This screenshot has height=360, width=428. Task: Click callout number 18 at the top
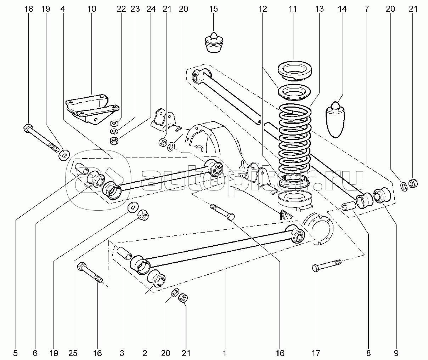click(x=29, y=9)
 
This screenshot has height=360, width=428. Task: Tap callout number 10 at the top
click(x=91, y=9)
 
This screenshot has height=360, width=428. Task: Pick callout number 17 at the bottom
click(x=316, y=353)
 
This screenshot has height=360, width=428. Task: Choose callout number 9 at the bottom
click(x=395, y=353)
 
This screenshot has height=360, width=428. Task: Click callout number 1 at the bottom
click(x=224, y=353)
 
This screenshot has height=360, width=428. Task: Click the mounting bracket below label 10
click(x=91, y=108)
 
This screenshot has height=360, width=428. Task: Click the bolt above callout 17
click(x=327, y=265)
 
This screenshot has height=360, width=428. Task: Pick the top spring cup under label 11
click(x=294, y=69)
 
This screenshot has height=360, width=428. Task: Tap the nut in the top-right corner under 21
click(x=413, y=183)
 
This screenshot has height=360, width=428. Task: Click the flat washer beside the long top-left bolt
click(x=64, y=155)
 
